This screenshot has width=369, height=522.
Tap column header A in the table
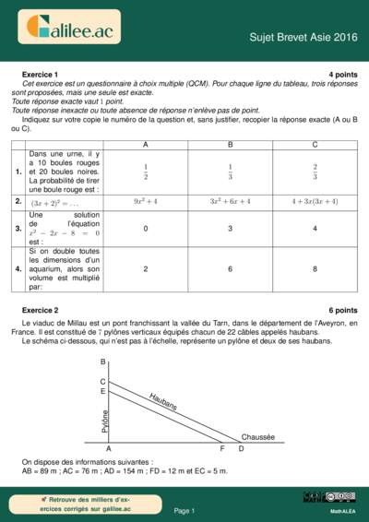145,145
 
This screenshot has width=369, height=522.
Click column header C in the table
315,145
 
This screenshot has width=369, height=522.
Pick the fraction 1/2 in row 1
145,172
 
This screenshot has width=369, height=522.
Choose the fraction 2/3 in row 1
315,172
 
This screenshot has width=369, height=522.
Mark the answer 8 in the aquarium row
315,268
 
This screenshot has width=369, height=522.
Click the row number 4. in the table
18,268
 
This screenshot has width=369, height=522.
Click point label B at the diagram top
102,362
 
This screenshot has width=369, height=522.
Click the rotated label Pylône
105,421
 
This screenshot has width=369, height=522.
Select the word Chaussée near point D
258,436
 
